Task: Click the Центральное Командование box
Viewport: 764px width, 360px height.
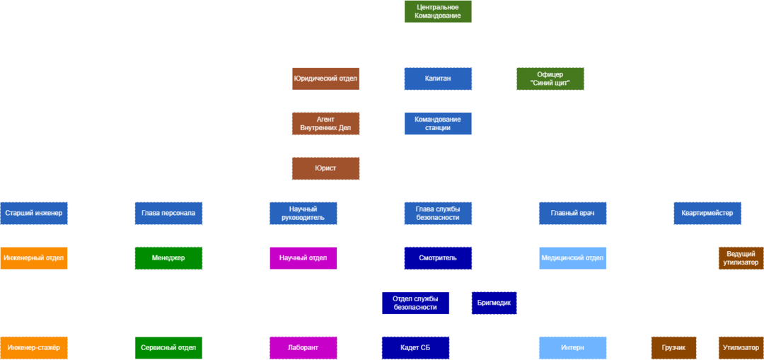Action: pyautogui.click(x=438, y=11)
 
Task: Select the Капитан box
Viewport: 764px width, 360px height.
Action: pyautogui.click(x=438, y=79)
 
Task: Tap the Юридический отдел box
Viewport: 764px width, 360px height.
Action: pyautogui.click(x=325, y=79)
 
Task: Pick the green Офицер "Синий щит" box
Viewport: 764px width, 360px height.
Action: pyautogui.click(x=550, y=79)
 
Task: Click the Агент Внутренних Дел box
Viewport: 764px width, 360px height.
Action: pyautogui.click(x=325, y=123)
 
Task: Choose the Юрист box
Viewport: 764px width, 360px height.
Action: pyautogui.click(x=325, y=168)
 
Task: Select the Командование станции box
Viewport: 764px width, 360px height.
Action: pyautogui.click(x=438, y=123)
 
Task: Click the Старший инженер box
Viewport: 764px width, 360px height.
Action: pyautogui.click(x=33, y=213)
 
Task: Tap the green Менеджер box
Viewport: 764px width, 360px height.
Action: pyautogui.click(x=168, y=258)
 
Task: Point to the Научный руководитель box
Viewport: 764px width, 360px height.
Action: pyautogui.click(x=303, y=213)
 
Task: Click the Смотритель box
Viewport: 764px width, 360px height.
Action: pyautogui.click(x=438, y=258)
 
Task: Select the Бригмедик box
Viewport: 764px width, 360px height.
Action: pyautogui.click(x=494, y=303)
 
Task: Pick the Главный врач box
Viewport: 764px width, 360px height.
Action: pyautogui.click(x=572, y=213)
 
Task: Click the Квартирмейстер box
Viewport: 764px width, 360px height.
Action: pyautogui.click(x=707, y=213)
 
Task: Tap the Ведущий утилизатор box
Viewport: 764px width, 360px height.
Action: pyautogui.click(x=741, y=258)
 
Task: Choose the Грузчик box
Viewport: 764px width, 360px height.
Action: pyautogui.click(x=673, y=347)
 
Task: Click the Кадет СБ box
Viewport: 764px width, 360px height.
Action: pyautogui.click(x=415, y=347)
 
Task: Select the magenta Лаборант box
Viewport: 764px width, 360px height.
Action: pyautogui.click(x=303, y=347)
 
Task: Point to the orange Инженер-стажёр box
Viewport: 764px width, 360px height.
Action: pyautogui.click(x=33, y=347)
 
